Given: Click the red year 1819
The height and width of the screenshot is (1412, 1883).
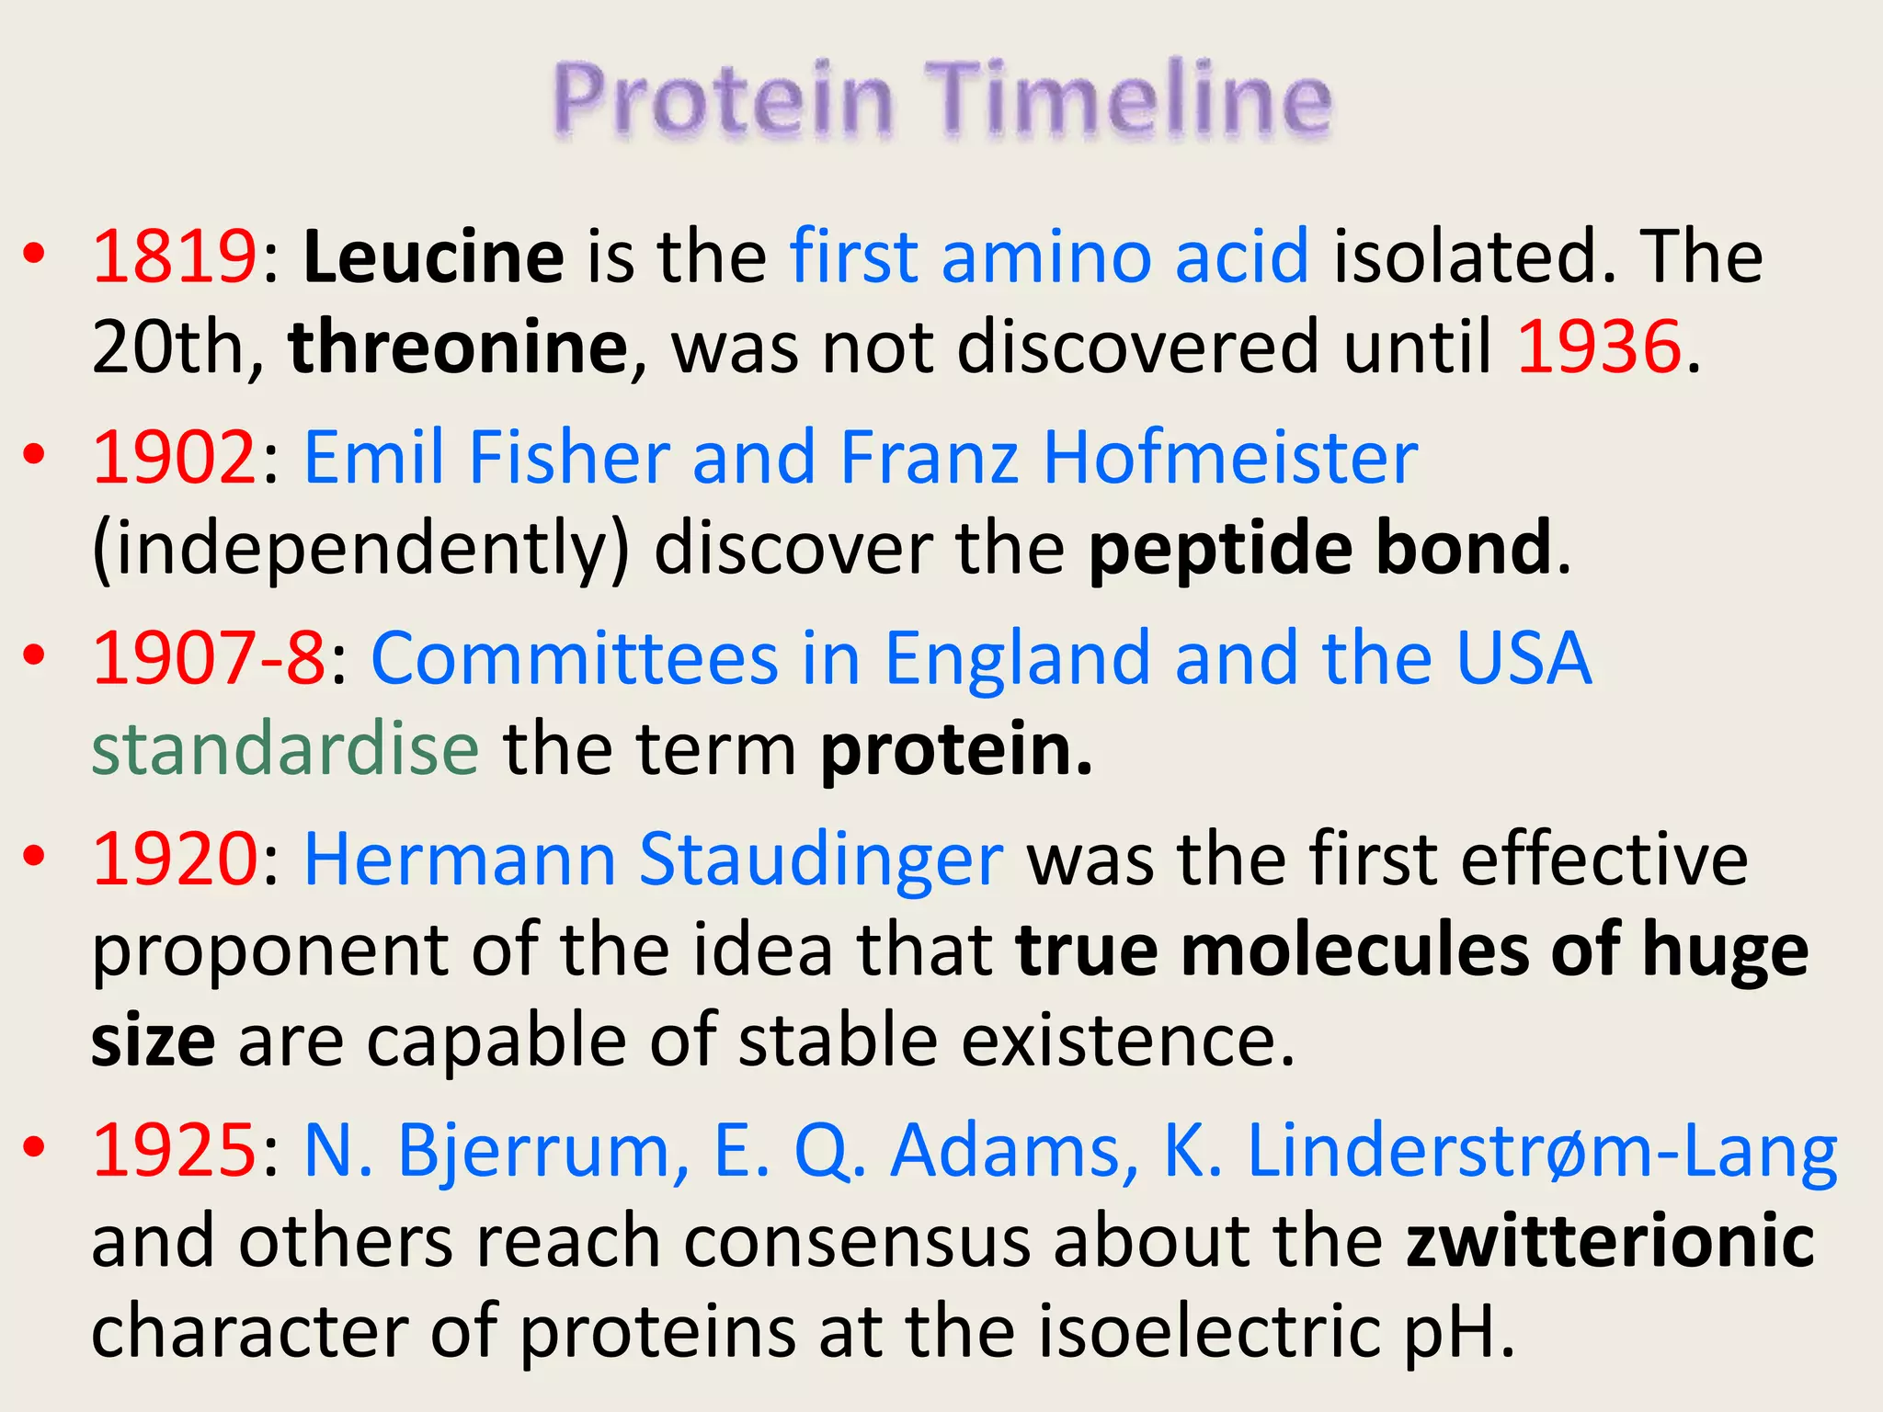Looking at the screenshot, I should (x=174, y=256).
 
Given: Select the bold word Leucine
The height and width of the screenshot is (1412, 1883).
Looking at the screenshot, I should (x=433, y=256).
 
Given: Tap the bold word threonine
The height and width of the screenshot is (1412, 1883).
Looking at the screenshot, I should (x=458, y=347).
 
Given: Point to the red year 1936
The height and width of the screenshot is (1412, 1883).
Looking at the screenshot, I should (x=1598, y=347).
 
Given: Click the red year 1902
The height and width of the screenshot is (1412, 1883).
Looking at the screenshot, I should (x=174, y=457).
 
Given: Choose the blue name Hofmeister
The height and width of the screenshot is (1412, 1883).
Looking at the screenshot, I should (x=1230, y=457).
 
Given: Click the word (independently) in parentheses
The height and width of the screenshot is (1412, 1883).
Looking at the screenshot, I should (x=360, y=549).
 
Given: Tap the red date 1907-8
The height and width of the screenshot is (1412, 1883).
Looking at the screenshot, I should (x=209, y=658).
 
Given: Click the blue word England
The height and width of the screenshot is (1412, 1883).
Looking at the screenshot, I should (x=1017, y=658).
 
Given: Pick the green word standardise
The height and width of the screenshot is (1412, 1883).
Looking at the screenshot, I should (x=285, y=750).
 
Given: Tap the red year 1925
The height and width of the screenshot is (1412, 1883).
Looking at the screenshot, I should (x=174, y=1150).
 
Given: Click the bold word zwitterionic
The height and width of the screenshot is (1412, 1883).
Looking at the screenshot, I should (x=1610, y=1241).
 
